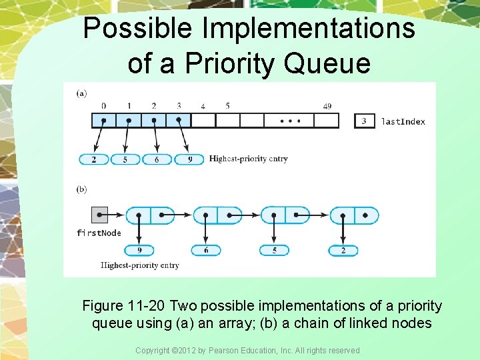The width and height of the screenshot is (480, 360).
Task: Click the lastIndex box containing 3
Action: [x=364, y=121]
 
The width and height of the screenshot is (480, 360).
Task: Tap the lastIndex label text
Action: [x=403, y=121]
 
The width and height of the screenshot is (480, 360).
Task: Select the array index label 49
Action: [x=327, y=106]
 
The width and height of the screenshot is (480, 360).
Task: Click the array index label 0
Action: [x=103, y=106]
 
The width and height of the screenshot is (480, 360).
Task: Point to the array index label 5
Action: [x=227, y=106]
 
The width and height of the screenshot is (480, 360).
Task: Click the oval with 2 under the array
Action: [x=94, y=159]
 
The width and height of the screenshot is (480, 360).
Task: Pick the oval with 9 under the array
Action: [x=189, y=159]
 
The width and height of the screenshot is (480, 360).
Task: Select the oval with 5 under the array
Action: [x=126, y=159]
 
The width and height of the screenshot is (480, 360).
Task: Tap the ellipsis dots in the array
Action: [x=289, y=121]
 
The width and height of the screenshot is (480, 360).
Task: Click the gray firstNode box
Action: [x=99, y=215]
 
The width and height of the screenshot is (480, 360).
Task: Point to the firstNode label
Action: [x=99, y=233]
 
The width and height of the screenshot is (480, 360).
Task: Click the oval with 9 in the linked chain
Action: [x=139, y=251]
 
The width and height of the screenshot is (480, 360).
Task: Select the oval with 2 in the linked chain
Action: [x=343, y=251]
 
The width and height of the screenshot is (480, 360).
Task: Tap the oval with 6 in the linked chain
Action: [x=206, y=251]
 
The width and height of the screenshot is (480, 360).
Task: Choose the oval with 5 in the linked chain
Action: [x=275, y=251]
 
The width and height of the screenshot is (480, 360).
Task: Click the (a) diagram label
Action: [x=81, y=93]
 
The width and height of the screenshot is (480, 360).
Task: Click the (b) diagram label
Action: [x=81, y=189]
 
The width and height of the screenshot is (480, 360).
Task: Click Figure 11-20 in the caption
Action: [x=124, y=306]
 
